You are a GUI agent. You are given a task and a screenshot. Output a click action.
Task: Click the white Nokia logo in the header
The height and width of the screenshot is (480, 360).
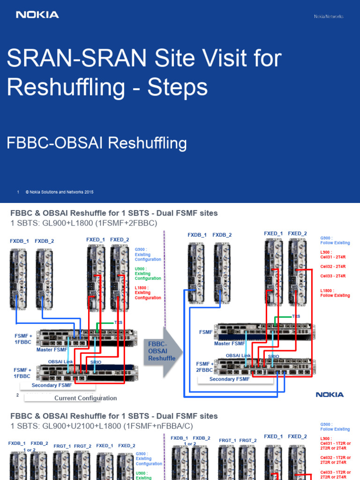(37, 15)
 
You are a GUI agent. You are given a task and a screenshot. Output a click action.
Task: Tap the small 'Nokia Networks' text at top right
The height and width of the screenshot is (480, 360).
(328, 16)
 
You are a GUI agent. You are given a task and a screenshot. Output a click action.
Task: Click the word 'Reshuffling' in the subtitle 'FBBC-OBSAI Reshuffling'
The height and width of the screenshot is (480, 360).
(148, 143)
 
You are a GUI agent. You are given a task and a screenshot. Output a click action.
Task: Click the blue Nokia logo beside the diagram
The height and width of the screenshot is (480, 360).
(330, 395)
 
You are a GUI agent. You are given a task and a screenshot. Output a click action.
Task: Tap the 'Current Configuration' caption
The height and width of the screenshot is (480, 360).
(85, 398)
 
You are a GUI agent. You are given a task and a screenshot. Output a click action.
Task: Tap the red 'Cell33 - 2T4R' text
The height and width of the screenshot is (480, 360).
(333, 276)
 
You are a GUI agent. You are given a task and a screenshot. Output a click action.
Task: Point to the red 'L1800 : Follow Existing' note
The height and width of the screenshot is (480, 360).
(335, 293)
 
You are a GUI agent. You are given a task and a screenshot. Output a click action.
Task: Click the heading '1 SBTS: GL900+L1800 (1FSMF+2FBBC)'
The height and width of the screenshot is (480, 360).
(83, 223)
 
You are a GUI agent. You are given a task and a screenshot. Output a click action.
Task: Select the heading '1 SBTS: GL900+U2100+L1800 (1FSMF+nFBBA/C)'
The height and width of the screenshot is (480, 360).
(101, 425)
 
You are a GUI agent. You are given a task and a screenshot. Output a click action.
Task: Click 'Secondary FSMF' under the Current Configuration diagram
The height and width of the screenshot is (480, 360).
(52, 385)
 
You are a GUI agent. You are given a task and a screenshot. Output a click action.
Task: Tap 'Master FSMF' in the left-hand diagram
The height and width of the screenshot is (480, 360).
(52, 349)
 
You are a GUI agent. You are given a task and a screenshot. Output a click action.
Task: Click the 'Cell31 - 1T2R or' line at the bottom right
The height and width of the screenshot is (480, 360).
(336, 443)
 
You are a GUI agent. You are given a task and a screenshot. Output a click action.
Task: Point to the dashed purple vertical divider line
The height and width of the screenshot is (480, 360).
(165, 281)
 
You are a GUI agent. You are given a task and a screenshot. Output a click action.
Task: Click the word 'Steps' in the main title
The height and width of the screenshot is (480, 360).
(178, 87)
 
